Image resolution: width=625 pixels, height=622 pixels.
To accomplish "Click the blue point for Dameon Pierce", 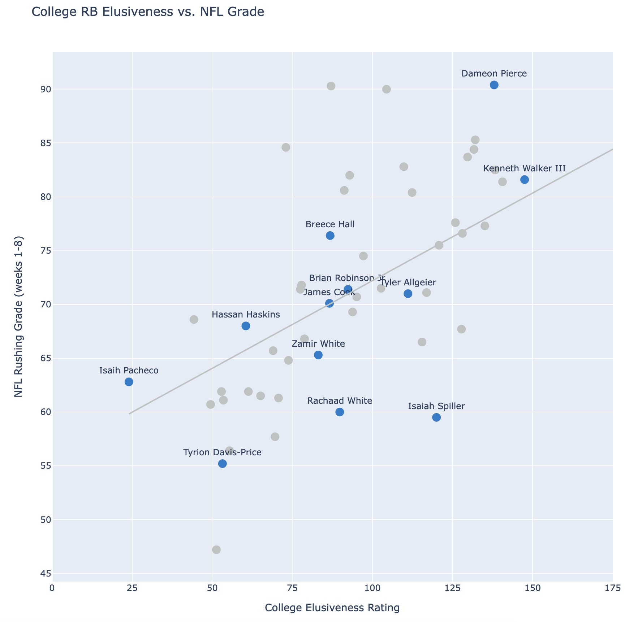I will point(494,85).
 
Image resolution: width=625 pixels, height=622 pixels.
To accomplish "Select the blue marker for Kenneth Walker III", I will point(525,180).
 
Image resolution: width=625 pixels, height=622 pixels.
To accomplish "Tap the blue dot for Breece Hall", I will point(330,236).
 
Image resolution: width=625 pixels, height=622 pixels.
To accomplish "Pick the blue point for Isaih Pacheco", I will point(129,382).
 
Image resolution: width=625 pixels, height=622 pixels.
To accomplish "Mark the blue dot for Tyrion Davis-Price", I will point(223,464).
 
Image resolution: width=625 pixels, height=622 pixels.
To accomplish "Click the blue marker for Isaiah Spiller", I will point(436,417).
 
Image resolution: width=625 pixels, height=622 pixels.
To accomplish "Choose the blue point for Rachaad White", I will point(340,412).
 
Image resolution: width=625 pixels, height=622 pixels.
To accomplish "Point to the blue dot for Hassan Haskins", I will point(246,326).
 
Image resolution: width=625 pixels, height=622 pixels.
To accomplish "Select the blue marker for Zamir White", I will point(318,355).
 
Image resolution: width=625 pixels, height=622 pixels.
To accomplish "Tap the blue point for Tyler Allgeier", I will point(408,294).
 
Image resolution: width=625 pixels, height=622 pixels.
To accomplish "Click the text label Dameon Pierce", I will point(494,74).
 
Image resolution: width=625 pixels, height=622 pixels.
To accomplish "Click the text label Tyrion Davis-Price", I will point(222,452).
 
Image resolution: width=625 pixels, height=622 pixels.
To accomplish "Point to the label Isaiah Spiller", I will point(436,406).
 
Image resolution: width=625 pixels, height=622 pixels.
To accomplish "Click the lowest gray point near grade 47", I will point(216,549).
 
